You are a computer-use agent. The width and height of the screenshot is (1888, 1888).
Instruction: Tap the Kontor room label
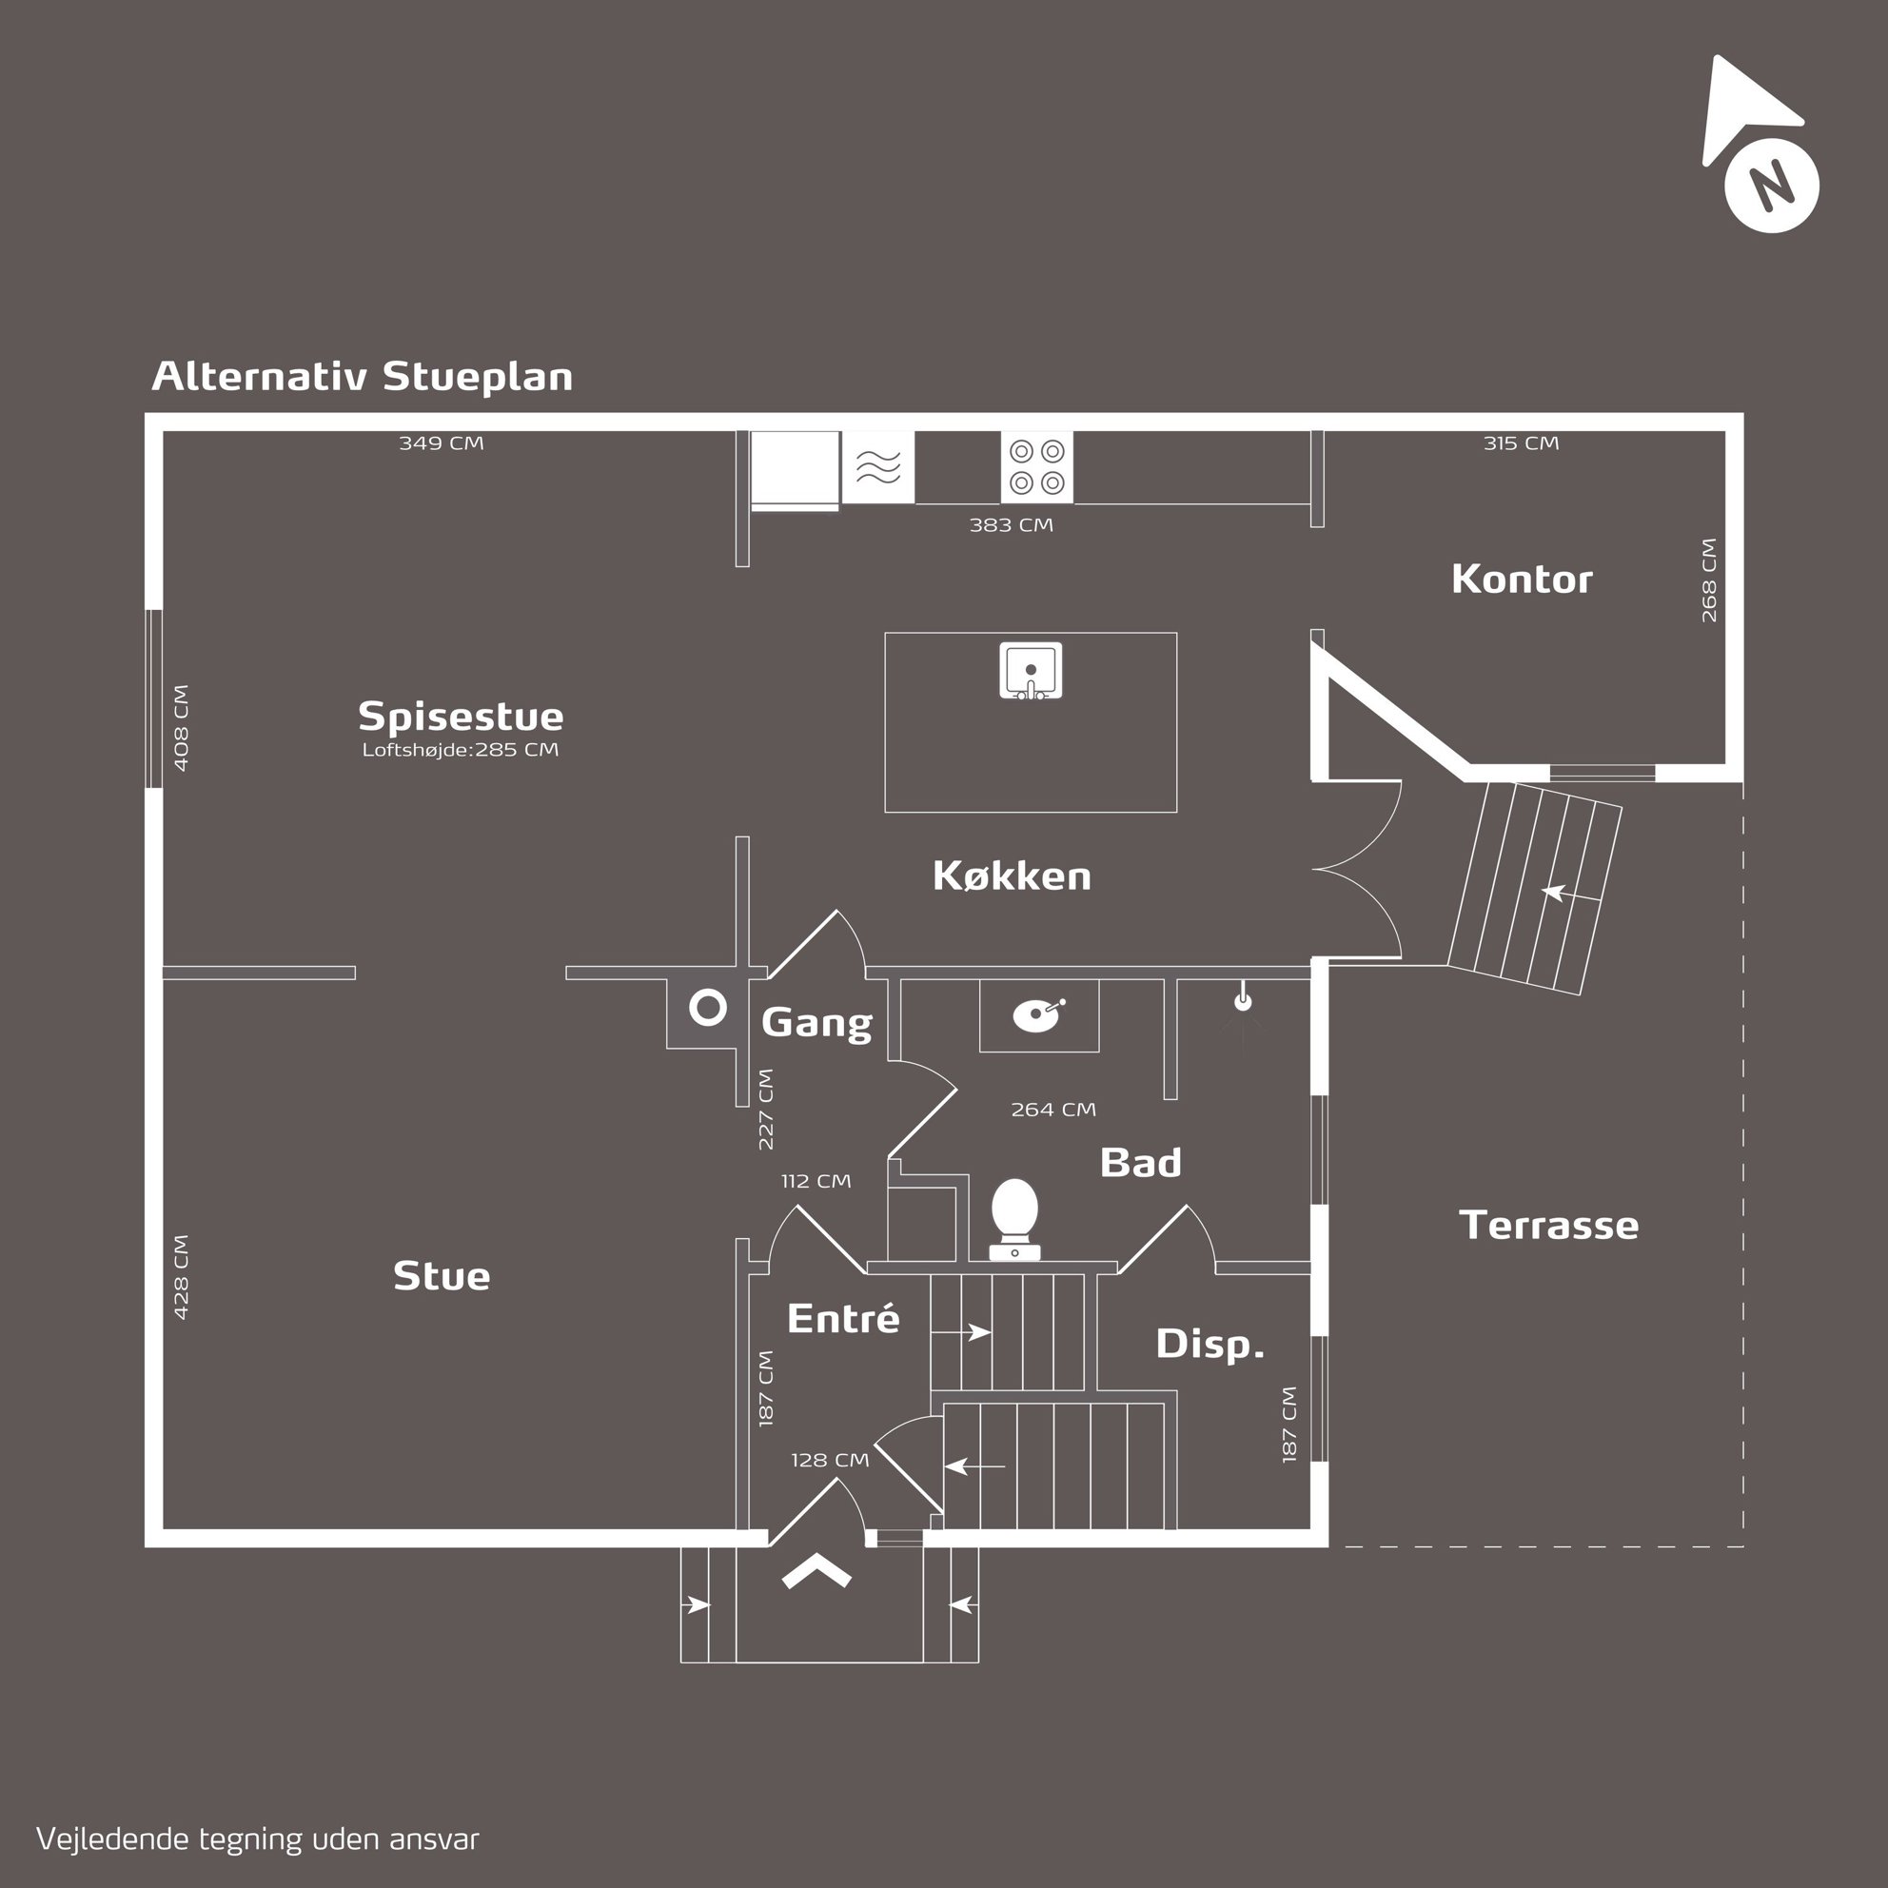point(1522,580)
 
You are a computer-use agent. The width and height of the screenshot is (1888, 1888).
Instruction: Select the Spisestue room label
point(461,717)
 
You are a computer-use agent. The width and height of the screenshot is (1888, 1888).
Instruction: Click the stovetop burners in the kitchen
point(1036,467)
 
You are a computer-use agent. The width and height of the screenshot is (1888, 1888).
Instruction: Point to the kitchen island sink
point(1030,670)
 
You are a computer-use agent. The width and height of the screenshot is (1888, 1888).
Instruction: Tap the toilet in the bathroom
point(1014,1217)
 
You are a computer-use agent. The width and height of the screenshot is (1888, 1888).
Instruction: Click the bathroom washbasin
point(1037,1015)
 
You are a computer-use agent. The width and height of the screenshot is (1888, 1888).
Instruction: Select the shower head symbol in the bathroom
point(1242,1001)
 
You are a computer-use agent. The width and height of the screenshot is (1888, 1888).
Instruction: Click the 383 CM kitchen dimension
point(1011,524)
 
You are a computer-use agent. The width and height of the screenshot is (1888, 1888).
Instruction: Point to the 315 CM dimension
point(1521,442)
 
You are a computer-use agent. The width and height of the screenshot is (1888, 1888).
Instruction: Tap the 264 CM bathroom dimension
point(1052,1110)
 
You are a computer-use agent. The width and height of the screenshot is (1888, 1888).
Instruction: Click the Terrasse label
point(1548,1225)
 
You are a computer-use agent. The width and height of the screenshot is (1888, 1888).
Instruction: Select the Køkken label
point(1012,875)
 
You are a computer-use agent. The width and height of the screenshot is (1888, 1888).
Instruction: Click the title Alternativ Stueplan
point(362,376)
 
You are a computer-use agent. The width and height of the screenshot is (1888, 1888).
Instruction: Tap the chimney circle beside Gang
point(707,1008)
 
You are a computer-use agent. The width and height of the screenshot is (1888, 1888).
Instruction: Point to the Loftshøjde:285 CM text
point(461,750)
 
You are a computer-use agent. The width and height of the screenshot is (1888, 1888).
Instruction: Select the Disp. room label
point(1209,1344)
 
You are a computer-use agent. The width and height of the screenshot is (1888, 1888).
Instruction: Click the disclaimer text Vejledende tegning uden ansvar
point(258,1839)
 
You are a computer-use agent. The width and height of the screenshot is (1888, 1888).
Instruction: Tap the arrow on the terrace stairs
point(1553,892)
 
